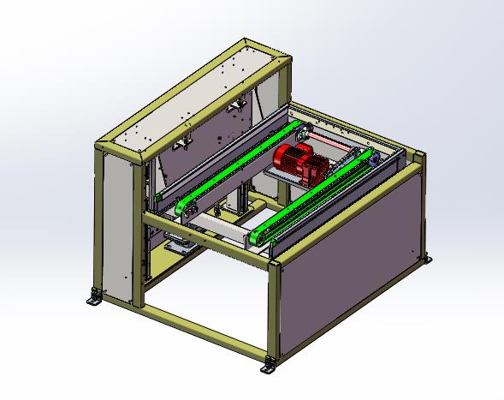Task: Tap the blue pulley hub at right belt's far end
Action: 373,158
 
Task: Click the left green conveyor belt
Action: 240,167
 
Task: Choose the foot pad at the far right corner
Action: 427,260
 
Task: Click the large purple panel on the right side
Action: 351,257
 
